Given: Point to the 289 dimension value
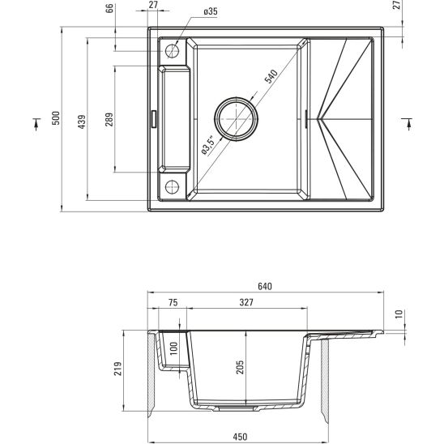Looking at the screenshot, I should (109, 120).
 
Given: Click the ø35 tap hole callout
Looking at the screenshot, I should (210, 11).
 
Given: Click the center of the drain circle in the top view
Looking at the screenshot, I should (237, 120).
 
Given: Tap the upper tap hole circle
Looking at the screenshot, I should (172, 51).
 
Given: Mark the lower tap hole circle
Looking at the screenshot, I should (172, 187).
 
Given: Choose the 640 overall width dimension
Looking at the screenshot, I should (264, 286).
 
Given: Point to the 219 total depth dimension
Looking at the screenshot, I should (118, 369).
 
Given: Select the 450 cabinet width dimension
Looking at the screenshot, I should (240, 437).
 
